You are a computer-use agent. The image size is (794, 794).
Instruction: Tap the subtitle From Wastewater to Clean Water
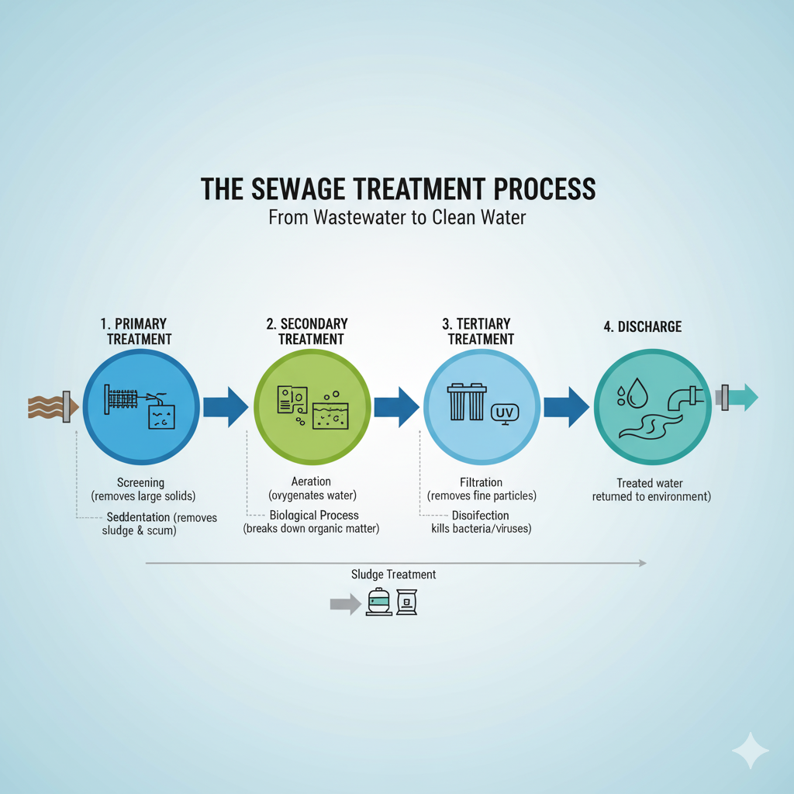(397, 218)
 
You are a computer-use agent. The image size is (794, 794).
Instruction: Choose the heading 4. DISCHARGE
(643, 326)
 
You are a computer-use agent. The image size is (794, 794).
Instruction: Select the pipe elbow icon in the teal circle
(682, 396)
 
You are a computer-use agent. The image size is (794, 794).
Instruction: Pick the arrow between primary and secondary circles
(225, 406)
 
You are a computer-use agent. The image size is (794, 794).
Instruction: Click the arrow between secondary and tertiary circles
(396, 406)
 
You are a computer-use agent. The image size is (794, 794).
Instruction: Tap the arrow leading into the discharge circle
(566, 406)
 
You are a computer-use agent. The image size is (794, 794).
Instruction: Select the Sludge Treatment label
(393, 575)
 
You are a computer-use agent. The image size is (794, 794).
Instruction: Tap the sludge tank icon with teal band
(379, 602)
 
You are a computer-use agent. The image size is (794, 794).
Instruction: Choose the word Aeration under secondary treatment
(311, 482)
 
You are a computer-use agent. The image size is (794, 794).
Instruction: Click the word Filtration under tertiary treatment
(481, 482)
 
